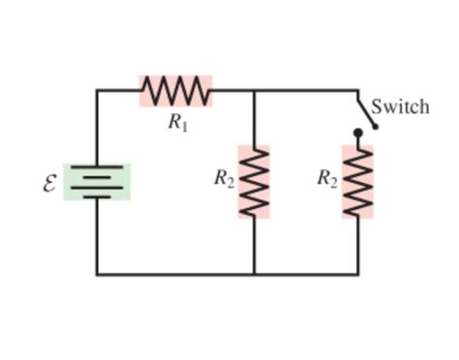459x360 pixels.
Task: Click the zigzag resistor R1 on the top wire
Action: point(175,91)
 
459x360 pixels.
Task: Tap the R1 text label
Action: point(176,121)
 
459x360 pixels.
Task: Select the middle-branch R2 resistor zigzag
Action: point(254,182)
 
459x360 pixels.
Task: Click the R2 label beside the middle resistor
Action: point(224,178)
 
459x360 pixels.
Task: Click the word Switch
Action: point(400,106)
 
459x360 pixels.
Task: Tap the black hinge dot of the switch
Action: point(357,133)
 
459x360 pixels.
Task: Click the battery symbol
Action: point(97,182)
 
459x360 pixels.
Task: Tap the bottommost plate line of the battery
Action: point(97,196)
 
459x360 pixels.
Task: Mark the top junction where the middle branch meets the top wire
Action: point(254,91)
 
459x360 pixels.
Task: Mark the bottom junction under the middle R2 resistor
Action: point(254,274)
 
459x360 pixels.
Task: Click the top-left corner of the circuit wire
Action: point(97,91)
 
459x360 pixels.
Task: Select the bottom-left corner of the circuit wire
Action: point(97,274)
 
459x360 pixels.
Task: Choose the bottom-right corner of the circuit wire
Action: point(357,274)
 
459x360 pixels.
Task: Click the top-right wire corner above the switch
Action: point(357,91)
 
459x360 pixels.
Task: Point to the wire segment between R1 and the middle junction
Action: point(232,91)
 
